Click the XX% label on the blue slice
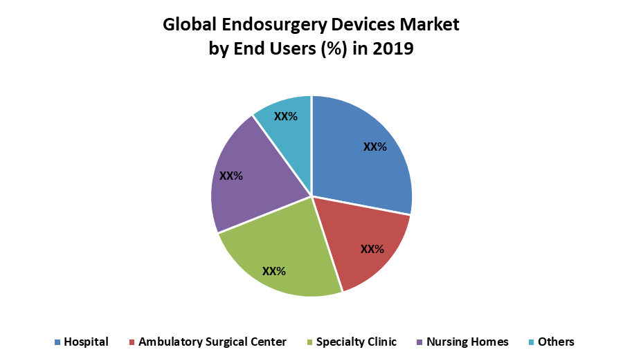[375, 147]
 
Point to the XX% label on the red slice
[372, 249]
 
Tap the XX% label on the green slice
[274, 270]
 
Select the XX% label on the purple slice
[231, 176]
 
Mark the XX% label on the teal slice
[286, 117]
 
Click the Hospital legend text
[86, 342]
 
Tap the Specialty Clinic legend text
[356, 342]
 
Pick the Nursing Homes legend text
[467, 342]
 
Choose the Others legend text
[556, 342]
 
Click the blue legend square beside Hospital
[57, 342]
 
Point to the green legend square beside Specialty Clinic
[310, 342]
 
